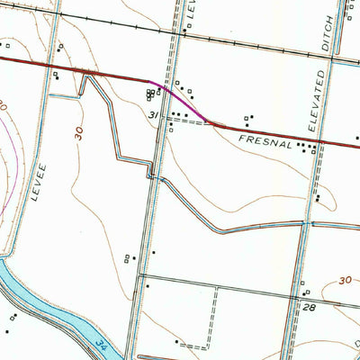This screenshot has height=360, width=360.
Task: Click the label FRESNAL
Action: (x=266, y=139)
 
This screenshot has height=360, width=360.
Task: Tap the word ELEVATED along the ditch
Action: (x=317, y=100)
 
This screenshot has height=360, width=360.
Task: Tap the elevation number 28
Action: (x=309, y=308)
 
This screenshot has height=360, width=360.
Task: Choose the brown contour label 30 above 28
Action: (x=346, y=282)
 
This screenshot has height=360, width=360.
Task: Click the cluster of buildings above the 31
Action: (x=148, y=94)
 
